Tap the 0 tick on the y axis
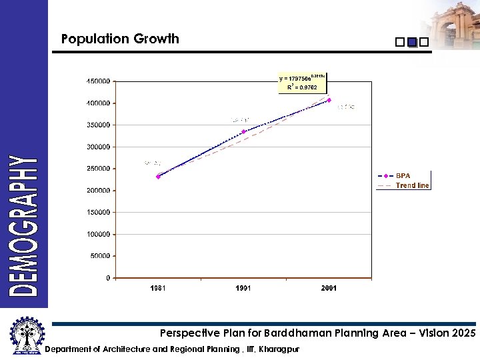[108, 278]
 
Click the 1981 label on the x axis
[158, 289]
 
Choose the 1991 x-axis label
[243, 289]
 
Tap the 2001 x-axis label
[329, 289]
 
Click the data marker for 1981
[158, 177]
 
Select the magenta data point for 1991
[243, 132]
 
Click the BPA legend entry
[403, 176]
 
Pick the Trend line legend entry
[411, 185]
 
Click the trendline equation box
[302, 83]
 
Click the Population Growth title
[120, 39]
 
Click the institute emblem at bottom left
[25, 337]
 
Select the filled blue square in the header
[411, 42]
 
